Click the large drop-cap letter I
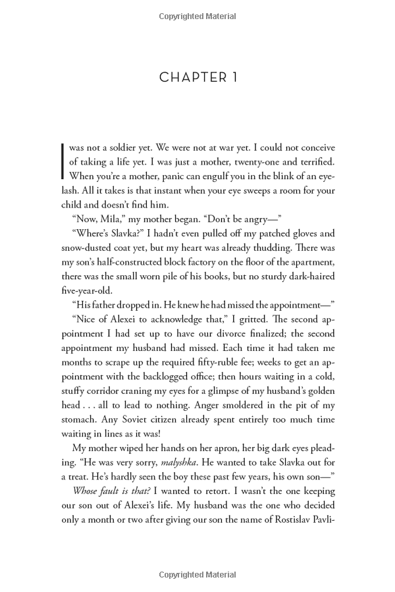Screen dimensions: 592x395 63,161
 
